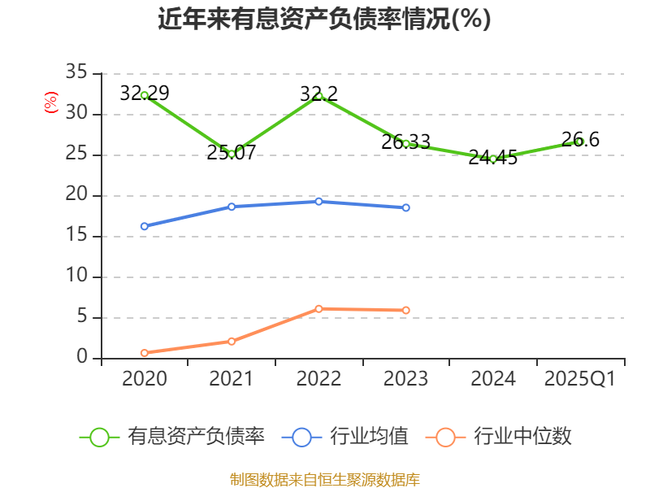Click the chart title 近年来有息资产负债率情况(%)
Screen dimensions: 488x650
324,19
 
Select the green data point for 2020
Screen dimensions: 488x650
145,95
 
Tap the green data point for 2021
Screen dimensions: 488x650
232,154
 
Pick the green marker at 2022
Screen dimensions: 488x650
318,96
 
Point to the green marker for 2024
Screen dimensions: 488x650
493,159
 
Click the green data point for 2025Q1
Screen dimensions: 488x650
579,142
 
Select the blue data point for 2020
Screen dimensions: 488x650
145,226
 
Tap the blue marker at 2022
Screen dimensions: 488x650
318,201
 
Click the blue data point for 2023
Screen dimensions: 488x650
406,207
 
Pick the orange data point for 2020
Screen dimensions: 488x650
145,353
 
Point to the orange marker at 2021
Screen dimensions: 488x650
232,342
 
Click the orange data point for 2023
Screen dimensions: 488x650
406,311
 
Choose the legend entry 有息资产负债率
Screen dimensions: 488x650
172,437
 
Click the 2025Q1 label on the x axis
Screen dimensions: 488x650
579,379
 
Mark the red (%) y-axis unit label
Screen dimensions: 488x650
51,103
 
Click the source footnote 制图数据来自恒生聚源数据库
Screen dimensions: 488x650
324,479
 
